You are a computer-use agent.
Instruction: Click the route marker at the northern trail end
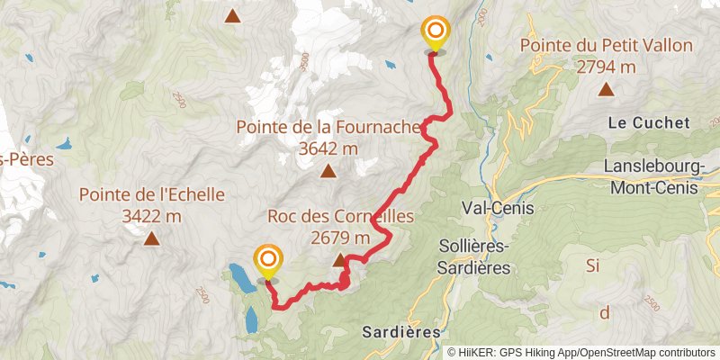pyautogui.click(x=436, y=34)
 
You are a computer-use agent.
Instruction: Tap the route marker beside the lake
pyautogui.click(x=268, y=262)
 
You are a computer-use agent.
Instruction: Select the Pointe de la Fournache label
pyautogui.click(x=328, y=128)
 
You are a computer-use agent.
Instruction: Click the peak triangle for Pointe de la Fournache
pyautogui.click(x=328, y=171)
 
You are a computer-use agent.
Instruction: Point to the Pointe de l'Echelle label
pyautogui.click(x=151, y=194)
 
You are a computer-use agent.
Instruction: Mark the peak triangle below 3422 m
pyautogui.click(x=151, y=238)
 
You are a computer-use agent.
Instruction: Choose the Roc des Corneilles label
pyautogui.click(x=340, y=216)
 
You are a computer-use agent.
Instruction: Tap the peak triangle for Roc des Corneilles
pyautogui.click(x=340, y=261)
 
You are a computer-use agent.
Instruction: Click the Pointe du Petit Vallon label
pyautogui.click(x=606, y=45)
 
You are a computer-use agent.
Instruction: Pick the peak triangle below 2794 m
pyautogui.click(x=606, y=88)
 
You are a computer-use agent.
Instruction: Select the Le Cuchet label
pyautogui.click(x=648, y=122)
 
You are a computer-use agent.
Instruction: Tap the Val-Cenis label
pyautogui.click(x=497, y=208)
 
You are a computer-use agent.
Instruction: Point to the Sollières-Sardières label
pyautogui.click(x=473, y=256)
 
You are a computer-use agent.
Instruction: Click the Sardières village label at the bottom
pyautogui.click(x=401, y=331)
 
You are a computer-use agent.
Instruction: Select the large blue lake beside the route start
pyautogui.click(x=241, y=278)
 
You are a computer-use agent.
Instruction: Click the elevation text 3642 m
pyautogui.click(x=328, y=148)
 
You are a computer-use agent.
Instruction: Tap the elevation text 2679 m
pyautogui.click(x=340, y=238)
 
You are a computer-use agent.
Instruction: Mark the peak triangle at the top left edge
pyautogui.click(x=233, y=15)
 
